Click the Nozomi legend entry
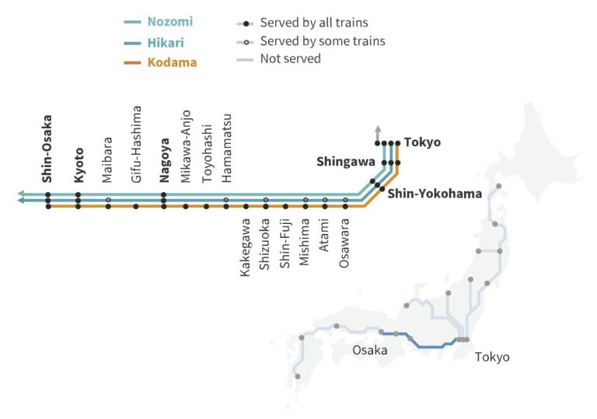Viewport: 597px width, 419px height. pos(171,23)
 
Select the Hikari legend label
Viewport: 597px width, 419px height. pos(166,42)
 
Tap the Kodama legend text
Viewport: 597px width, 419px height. pos(172,61)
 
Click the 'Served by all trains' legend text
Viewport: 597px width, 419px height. pos(314,23)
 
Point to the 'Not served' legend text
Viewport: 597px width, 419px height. pos(290,58)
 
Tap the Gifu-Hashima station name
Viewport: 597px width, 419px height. pos(137,144)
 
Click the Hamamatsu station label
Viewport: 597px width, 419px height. pos(226,148)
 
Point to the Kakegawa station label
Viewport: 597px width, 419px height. pos(246,247)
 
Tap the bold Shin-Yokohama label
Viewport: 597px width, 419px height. pos(435,194)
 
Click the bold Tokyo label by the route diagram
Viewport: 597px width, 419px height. pos(423,142)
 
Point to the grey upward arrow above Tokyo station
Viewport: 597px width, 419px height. pos(378,130)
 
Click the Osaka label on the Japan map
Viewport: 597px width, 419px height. pos(369,350)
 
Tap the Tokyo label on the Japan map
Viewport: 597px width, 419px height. pos(492,357)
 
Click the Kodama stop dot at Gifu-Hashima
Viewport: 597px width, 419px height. pos(136,207)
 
